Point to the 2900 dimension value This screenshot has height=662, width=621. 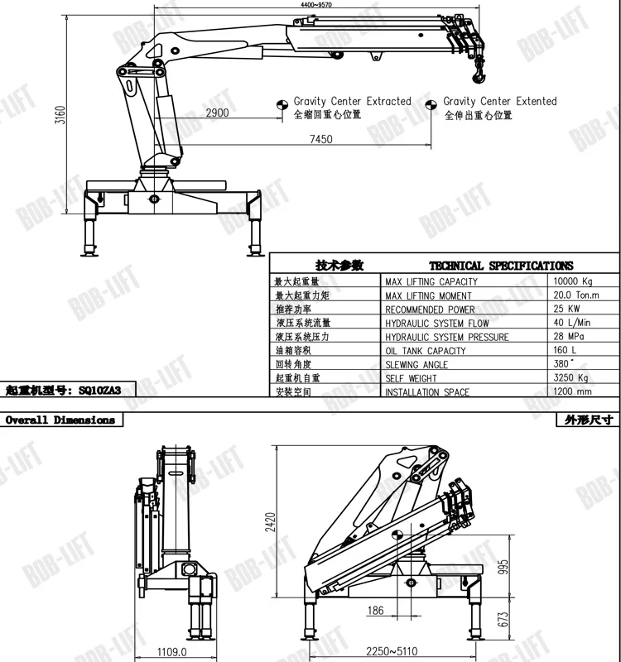217,113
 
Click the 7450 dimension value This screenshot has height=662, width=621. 320,139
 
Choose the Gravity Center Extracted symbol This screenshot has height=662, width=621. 282,104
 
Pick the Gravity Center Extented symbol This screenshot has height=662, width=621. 431,104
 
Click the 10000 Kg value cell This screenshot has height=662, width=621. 574,281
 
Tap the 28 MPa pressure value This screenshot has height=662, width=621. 570,337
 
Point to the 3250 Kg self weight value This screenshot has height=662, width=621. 571,378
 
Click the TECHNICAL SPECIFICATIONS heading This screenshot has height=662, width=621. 501,266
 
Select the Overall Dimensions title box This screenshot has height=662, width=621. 61,420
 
